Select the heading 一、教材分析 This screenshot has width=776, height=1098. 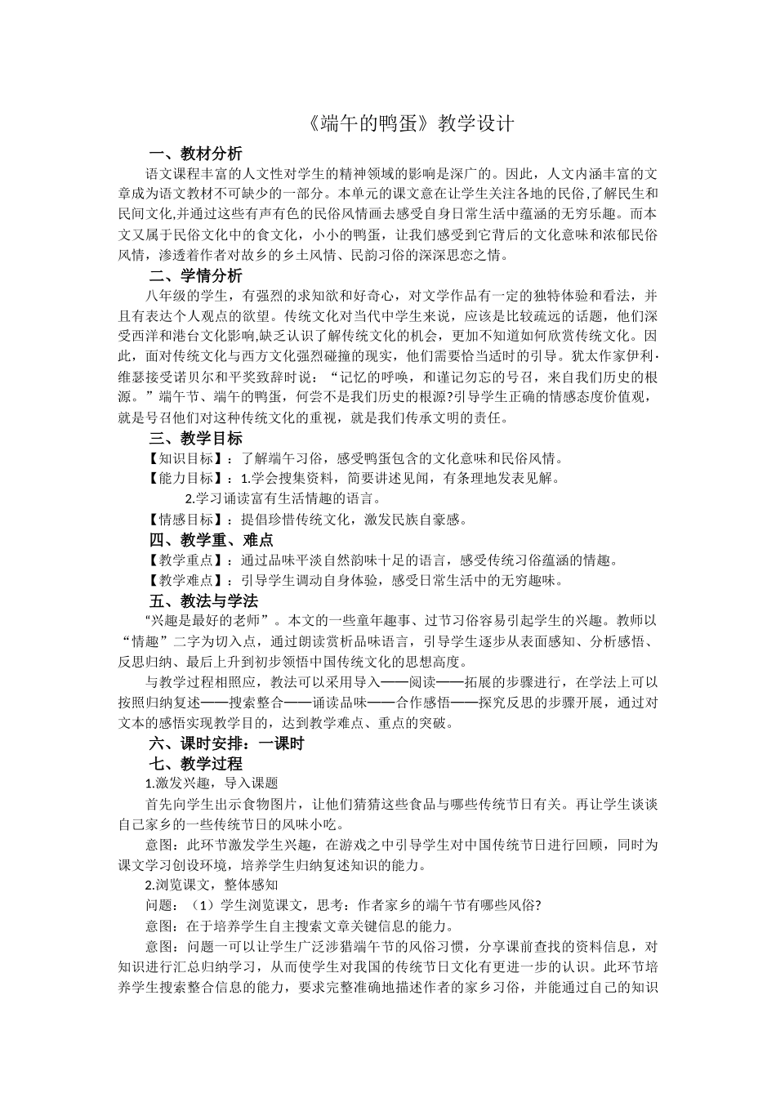tap(195, 154)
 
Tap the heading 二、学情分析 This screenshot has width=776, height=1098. tap(195, 274)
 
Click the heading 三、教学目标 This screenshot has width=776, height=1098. tap(195, 438)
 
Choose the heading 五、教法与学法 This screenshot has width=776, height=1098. tap(203, 600)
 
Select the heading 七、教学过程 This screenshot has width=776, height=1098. tap(195, 764)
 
